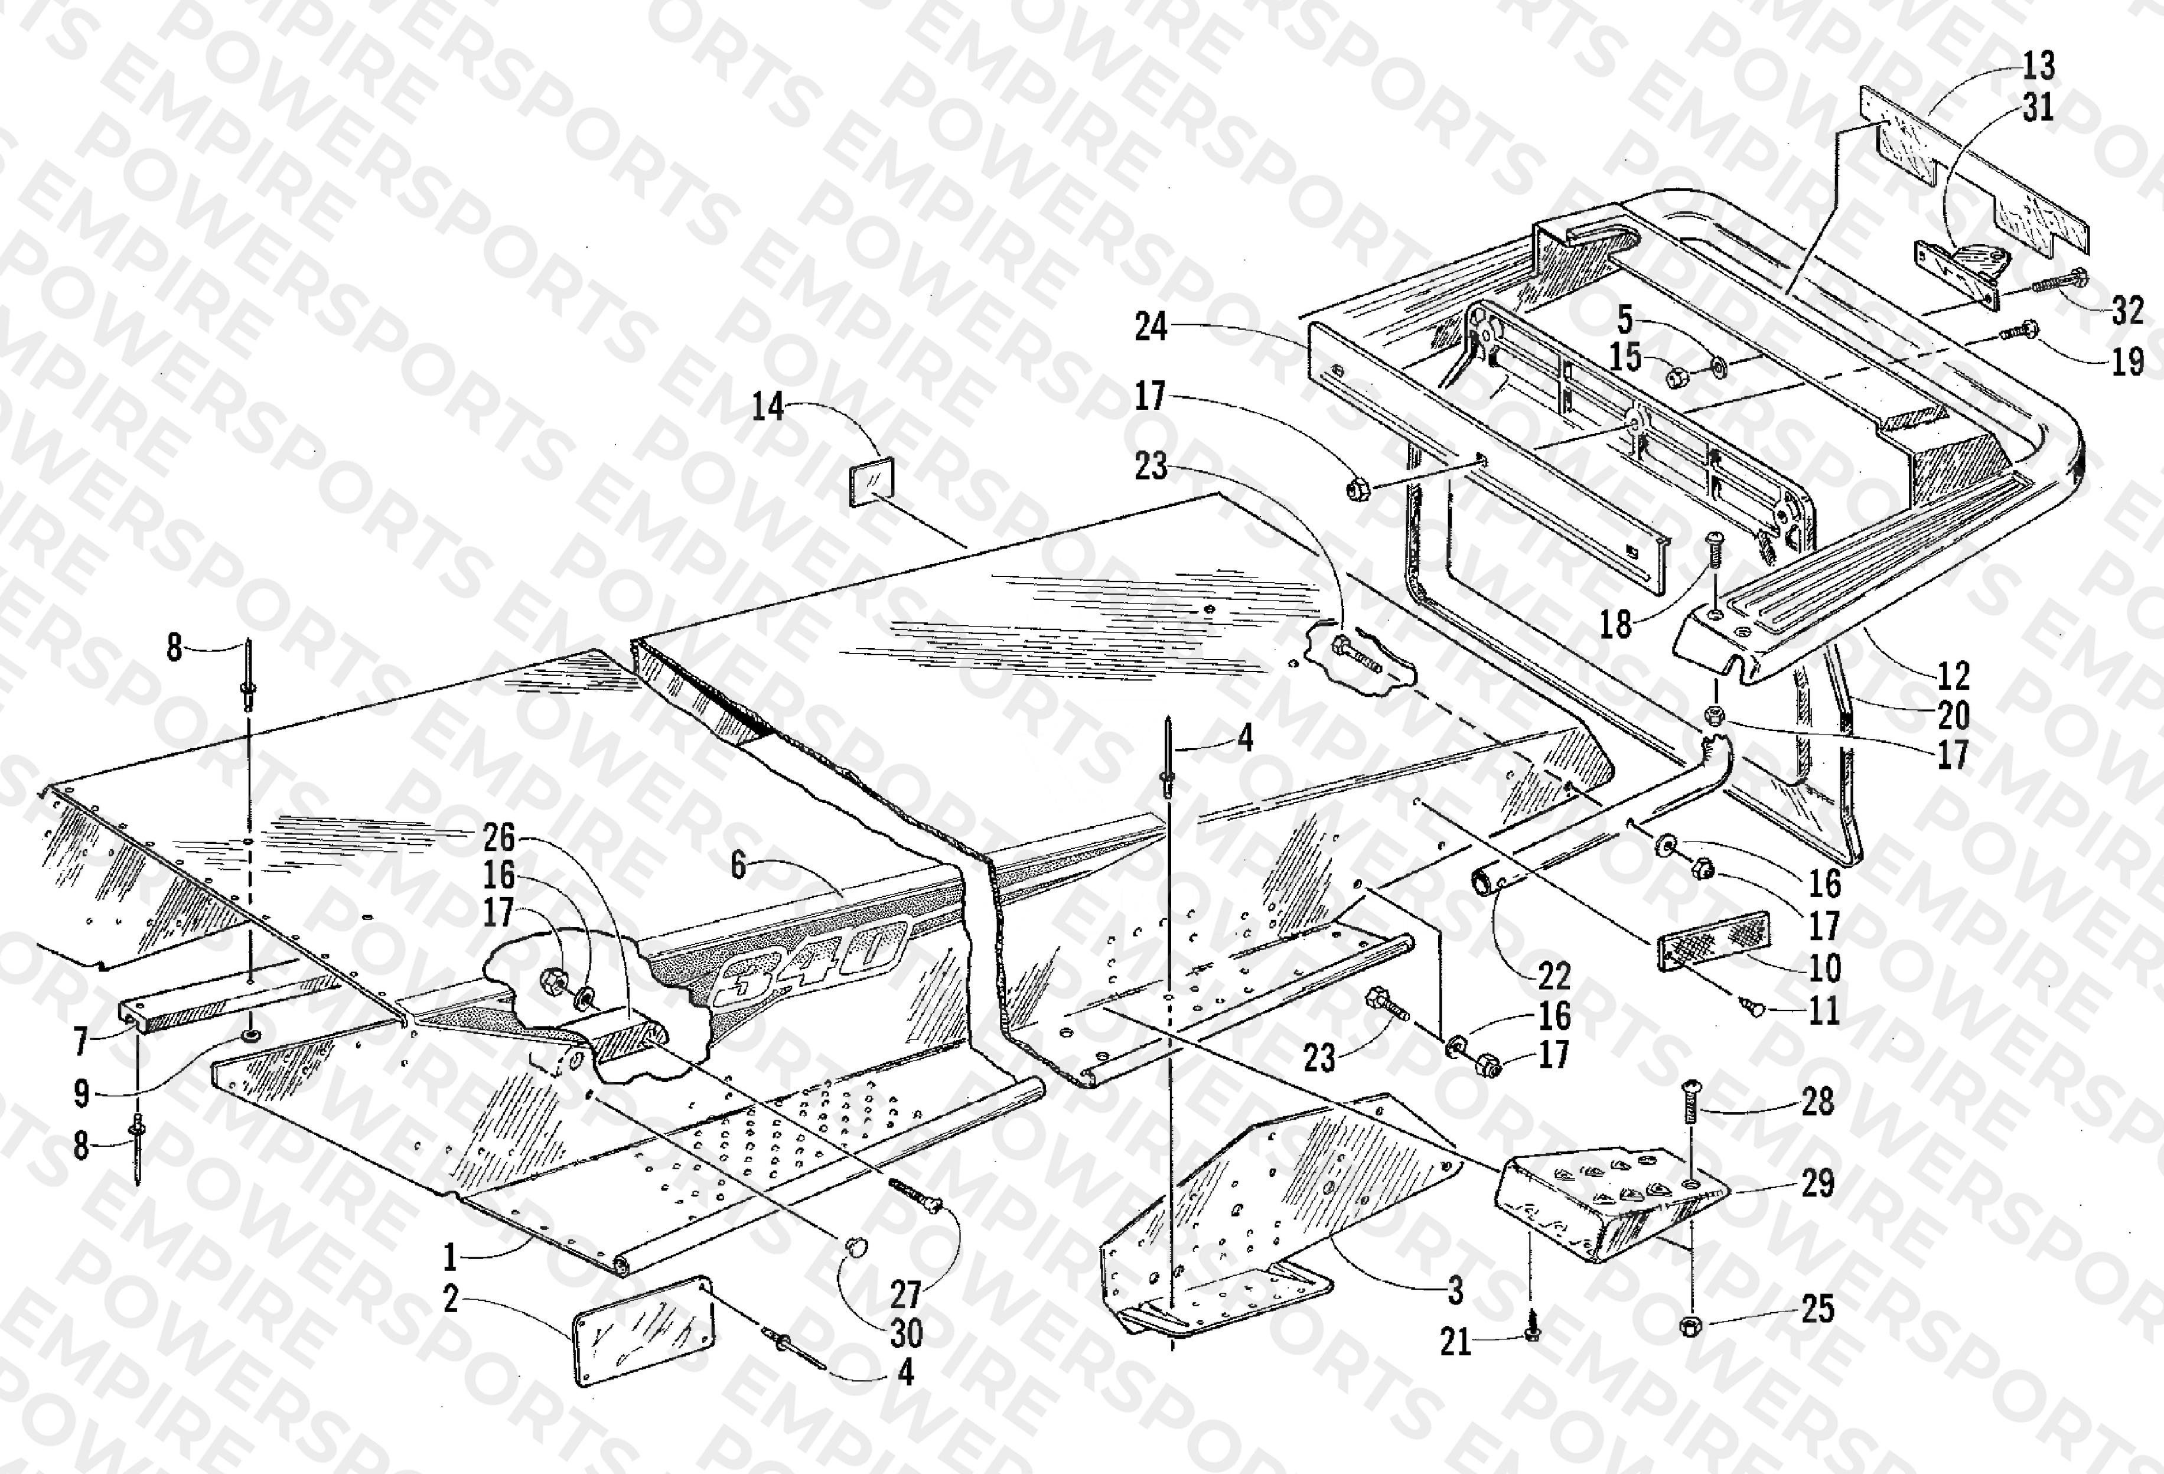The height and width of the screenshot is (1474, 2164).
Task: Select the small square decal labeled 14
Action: pyautogui.click(x=871, y=481)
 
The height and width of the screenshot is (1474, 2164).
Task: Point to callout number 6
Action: pyautogui.click(x=738, y=866)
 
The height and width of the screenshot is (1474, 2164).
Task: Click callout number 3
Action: pyautogui.click(x=1455, y=1290)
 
